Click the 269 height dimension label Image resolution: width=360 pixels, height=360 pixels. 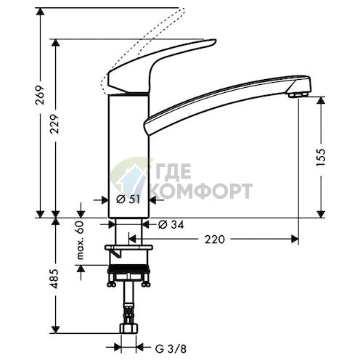coord(40,94)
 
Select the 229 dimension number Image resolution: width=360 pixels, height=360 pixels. coord(54,124)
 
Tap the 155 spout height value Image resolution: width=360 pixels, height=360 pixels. coord(321,157)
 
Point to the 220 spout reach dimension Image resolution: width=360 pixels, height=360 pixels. coord(215,240)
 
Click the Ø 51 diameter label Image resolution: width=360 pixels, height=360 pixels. coord(128,200)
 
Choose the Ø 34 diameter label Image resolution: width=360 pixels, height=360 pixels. coord(171,225)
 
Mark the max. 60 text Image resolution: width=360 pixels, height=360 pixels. coord(81,240)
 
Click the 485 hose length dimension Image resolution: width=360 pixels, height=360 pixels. coord(54,278)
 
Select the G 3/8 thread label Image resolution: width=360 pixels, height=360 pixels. coord(171,349)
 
